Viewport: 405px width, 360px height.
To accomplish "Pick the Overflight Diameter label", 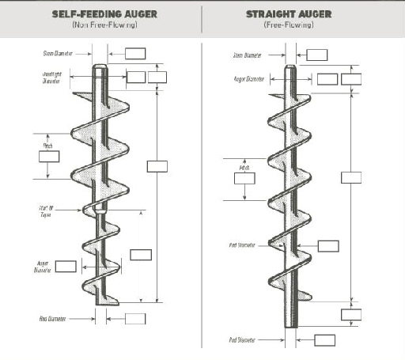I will [x=52, y=77].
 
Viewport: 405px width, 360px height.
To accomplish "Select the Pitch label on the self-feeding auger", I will [x=47, y=146].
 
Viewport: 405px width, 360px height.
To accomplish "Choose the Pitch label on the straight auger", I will [x=244, y=168].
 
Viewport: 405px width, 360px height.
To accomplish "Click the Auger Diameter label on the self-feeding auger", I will [x=43, y=266].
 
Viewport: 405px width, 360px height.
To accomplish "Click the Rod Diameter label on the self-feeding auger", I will [x=52, y=319].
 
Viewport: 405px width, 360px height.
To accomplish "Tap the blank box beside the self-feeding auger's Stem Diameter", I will [x=136, y=54].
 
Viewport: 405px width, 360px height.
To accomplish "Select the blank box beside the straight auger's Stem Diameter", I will [x=317, y=55].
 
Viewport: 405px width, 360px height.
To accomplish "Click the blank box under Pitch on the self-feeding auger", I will [x=49, y=157].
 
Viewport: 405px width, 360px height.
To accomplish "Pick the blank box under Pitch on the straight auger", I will [x=244, y=179].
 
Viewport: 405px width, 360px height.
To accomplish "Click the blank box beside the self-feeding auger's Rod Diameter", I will [x=135, y=319].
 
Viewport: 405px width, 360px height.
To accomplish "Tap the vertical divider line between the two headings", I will [x=202, y=19].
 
